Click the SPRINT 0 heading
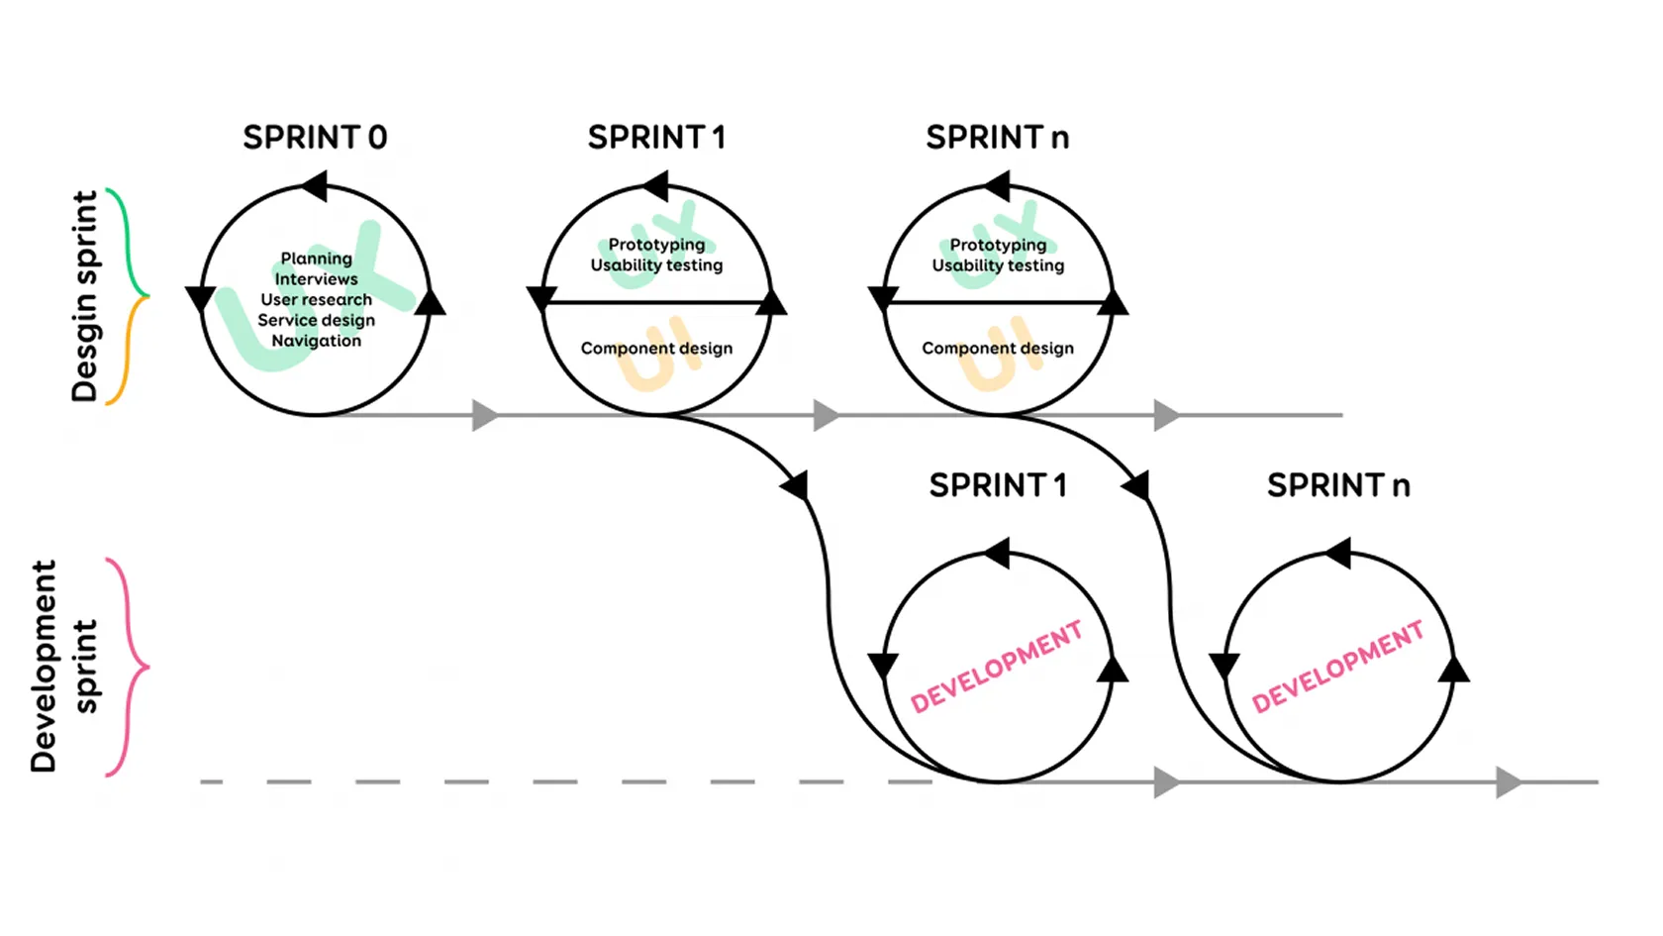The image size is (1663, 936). [315, 137]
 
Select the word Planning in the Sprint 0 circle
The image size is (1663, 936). [316, 259]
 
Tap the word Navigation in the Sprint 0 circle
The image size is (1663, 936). [316, 341]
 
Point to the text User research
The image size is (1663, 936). [316, 299]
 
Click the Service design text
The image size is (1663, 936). [316, 320]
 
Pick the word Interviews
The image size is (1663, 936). [316, 279]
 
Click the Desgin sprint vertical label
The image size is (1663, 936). [85, 296]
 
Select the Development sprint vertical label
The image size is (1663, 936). [64, 666]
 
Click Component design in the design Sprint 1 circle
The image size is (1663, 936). [656, 349]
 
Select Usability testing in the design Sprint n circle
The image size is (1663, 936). [998, 265]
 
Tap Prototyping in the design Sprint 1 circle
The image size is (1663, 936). [656, 245]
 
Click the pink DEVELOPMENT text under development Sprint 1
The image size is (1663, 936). [996, 668]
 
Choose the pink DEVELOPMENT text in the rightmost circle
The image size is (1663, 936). [1337, 668]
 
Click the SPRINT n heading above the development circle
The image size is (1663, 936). [1338, 485]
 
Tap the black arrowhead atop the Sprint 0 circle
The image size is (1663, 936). [315, 186]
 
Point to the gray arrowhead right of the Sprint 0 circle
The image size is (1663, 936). [484, 415]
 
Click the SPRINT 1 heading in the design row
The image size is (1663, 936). [656, 137]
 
